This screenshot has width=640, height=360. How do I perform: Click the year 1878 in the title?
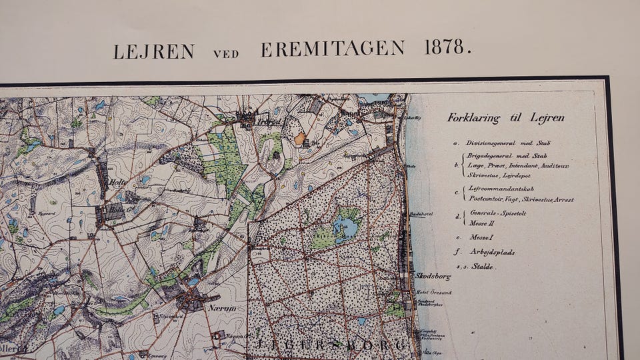pyautogui.click(x=447, y=49)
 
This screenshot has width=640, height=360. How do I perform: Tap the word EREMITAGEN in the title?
pyautogui.click(x=333, y=49)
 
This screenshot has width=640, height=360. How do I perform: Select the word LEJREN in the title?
pyautogui.click(x=153, y=51)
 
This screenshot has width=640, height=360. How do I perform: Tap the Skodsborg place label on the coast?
pyautogui.click(x=434, y=275)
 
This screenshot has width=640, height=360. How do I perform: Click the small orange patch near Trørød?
pyautogui.click(x=301, y=139)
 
